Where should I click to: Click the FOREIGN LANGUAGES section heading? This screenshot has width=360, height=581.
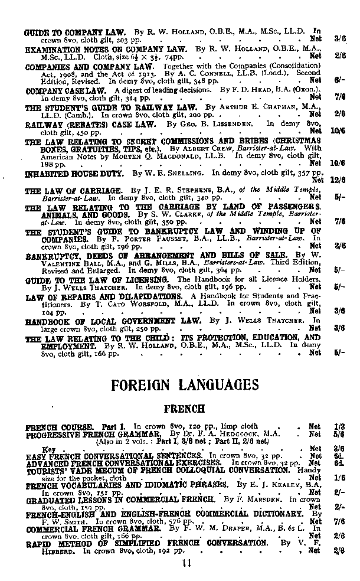coord(185,385)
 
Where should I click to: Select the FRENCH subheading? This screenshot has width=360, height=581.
coord(184,409)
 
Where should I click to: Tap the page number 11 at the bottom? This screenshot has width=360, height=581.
coord(186,564)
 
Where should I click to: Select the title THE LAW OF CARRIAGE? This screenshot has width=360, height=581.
coord(73,190)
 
